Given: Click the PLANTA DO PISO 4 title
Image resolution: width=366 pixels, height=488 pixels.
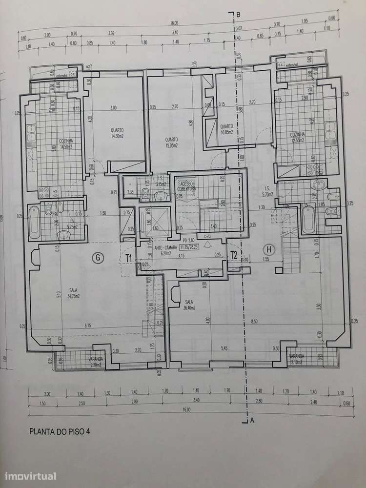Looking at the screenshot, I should pos(60,431).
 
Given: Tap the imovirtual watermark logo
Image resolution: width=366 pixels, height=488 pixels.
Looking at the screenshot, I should pos(30,475).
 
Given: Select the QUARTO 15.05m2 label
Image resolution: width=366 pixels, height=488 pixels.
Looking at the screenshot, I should pos(171,142).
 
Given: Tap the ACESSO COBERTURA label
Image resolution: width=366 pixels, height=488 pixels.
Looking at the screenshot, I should pos(186,185).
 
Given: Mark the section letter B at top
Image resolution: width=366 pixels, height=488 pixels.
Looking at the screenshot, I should pos(238,14).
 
